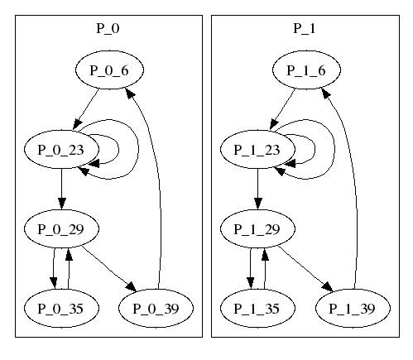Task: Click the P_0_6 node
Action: coord(109,70)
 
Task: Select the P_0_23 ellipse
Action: coord(62,149)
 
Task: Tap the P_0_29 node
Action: coord(62,228)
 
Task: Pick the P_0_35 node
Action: coord(62,308)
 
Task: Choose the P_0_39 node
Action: coord(156,308)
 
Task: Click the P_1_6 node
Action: coord(306,70)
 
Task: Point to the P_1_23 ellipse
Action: coord(257,149)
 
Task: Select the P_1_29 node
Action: coord(257,228)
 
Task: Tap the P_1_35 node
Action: coord(257,308)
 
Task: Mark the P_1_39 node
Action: coord(353,308)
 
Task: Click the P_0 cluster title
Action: coord(108,29)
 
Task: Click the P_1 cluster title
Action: coord(305,29)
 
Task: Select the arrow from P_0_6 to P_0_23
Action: coord(86,108)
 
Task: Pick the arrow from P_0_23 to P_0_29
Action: coord(62,189)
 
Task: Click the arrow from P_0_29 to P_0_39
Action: coord(109,269)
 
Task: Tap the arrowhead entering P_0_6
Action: coord(130,94)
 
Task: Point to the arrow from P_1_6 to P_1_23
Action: coord(283,108)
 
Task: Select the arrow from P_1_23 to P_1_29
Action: coord(257,189)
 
